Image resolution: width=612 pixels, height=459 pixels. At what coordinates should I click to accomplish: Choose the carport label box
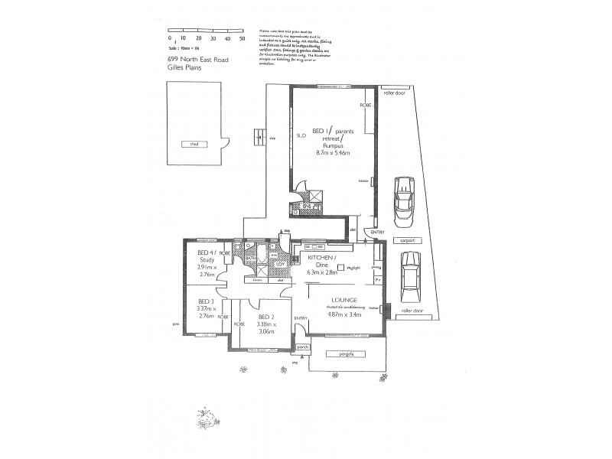tap(407, 240)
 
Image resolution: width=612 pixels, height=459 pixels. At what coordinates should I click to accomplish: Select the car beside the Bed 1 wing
tap(402, 201)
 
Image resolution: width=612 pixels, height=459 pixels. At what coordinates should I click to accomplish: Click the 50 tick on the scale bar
tap(243, 37)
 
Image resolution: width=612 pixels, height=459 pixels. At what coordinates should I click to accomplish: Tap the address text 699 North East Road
tap(198, 58)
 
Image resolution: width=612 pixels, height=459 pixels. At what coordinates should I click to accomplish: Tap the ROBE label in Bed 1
tap(366, 106)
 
